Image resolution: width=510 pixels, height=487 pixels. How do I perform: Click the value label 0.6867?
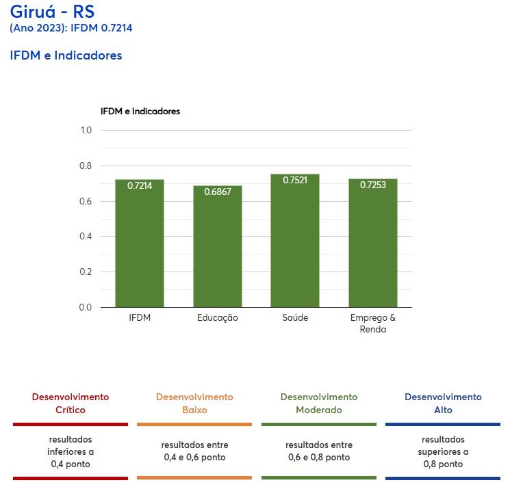[218, 192]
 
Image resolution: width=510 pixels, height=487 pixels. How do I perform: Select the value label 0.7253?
[373, 185]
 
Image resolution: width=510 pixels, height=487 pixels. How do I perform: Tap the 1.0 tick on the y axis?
[86, 130]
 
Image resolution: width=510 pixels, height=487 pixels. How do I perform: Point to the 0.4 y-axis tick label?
[86, 237]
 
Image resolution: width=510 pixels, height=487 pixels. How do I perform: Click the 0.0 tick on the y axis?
[86, 307]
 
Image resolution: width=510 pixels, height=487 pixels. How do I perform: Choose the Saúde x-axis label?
[295, 318]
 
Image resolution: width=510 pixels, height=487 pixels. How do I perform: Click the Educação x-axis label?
[218, 318]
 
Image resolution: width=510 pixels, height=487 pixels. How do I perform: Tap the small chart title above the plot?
[140, 111]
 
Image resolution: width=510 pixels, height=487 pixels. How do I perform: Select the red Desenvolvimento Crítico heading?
[71, 404]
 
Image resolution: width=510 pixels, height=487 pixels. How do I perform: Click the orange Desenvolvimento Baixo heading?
[194, 404]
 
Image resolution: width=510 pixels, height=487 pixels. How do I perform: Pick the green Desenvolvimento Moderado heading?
[319, 404]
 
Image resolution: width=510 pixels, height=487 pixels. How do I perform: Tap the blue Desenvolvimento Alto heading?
[443, 404]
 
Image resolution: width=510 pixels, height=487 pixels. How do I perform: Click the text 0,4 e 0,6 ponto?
[194, 457]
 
